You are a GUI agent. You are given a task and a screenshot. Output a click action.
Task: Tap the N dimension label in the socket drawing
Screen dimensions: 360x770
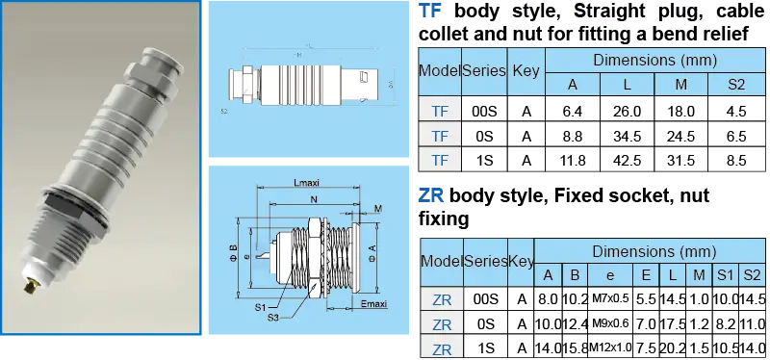point(314,199)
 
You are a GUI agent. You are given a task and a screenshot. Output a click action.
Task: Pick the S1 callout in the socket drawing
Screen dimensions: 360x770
point(260,307)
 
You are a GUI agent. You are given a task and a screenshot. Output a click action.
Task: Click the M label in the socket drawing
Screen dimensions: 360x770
point(378,208)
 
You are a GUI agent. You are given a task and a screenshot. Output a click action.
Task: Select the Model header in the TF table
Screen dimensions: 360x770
point(439,70)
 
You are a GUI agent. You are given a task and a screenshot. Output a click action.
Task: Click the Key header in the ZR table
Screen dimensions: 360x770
point(521,262)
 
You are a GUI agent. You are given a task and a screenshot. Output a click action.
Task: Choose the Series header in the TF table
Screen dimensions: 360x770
point(484,70)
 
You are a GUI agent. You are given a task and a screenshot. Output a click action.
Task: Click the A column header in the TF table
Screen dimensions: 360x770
point(572,85)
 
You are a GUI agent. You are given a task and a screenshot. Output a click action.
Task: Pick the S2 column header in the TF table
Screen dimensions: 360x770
point(736,85)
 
